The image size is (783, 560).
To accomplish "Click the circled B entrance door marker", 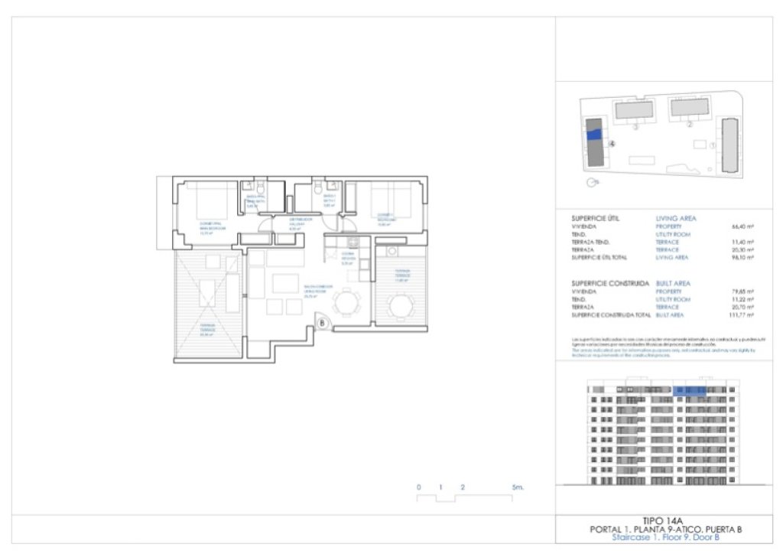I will pyautogui.click(x=323, y=324).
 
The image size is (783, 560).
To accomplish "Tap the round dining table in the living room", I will pyautogui.click(x=348, y=303).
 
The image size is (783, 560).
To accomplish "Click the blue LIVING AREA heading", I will pyautogui.click(x=676, y=218).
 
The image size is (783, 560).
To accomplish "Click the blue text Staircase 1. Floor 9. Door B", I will pyautogui.click(x=665, y=538).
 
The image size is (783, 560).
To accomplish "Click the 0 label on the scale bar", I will pyautogui.click(x=418, y=487).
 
